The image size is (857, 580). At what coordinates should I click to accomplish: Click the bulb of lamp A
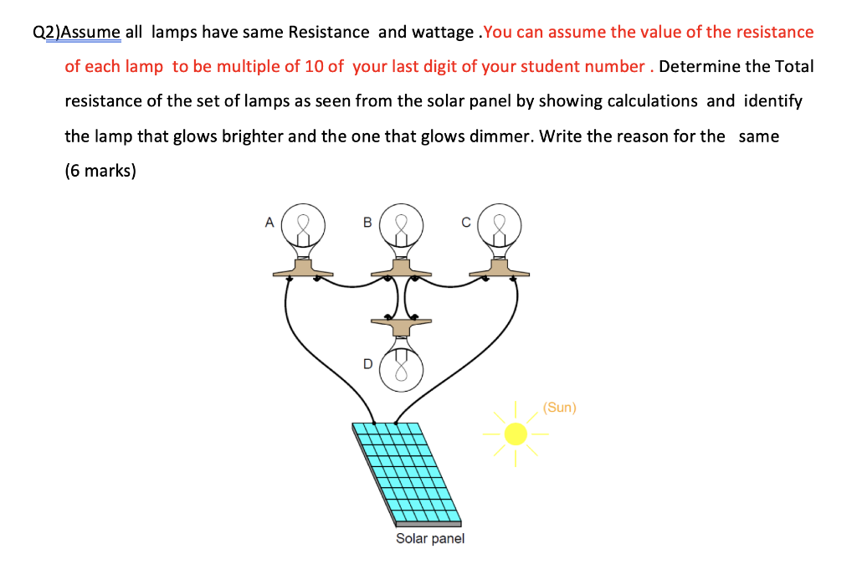[x=304, y=223]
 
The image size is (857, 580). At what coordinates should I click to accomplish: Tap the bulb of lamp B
[x=402, y=223]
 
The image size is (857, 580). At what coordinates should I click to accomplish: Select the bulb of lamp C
[x=500, y=223]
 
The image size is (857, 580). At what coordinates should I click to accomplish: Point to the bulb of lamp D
[x=402, y=370]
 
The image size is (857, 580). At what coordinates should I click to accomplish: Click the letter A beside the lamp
[x=269, y=223]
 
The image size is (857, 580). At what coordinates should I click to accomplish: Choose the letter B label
[x=367, y=223]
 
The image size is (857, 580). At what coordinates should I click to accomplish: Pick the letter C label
[x=465, y=223]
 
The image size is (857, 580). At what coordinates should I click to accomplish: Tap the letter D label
[x=367, y=364]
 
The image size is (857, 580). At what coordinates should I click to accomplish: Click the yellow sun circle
[x=516, y=434]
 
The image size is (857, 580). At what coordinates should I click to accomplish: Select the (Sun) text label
[x=559, y=408]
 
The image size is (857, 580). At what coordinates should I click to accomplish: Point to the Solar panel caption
[x=430, y=538]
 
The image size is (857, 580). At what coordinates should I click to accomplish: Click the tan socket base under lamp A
[x=304, y=268]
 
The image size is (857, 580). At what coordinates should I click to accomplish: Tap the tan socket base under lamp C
[x=500, y=268]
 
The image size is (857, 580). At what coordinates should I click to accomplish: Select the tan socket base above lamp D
[x=402, y=322]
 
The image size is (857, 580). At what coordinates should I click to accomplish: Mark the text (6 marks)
[x=100, y=170]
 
